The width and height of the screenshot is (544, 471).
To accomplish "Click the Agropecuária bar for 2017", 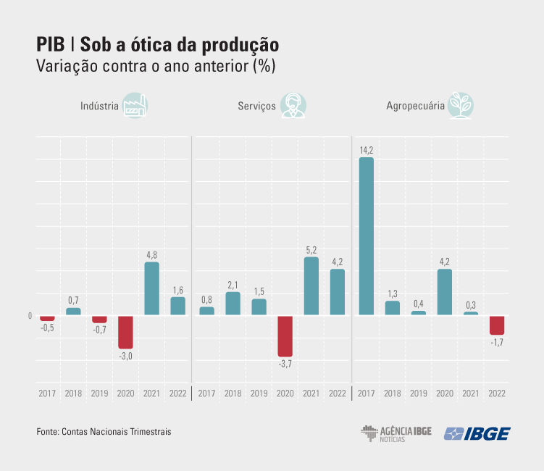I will (x=367, y=236).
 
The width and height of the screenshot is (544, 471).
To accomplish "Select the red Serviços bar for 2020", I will (x=285, y=335).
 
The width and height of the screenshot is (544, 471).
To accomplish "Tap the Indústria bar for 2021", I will (x=152, y=288).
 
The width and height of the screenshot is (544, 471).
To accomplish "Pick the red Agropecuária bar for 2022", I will (x=497, y=325).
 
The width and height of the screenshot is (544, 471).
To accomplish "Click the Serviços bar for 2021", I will (x=311, y=286).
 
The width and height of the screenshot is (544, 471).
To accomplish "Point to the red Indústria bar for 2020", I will (x=125, y=332).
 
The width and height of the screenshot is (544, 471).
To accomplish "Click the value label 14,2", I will (x=367, y=150).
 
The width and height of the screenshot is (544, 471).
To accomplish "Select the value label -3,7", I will (x=285, y=363).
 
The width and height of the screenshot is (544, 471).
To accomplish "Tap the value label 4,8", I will (x=152, y=254).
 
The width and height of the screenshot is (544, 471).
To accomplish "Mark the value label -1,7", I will (x=497, y=341).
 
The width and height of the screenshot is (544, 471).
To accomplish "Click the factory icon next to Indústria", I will (x=135, y=105).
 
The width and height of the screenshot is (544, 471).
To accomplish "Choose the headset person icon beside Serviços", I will (x=293, y=105).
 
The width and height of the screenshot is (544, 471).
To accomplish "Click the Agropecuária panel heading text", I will (x=415, y=106).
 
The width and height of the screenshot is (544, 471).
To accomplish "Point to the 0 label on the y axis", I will (x=30, y=316).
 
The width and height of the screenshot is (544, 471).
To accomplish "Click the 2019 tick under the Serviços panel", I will (x=259, y=393).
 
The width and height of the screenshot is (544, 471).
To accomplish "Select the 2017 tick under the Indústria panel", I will (x=47, y=393).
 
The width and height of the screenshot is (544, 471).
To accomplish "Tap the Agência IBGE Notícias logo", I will (x=396, y=433).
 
